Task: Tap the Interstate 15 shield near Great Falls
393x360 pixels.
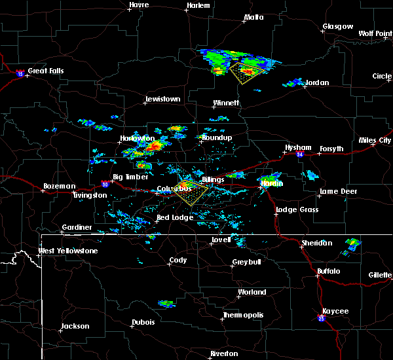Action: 20,74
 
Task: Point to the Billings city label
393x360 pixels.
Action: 212,179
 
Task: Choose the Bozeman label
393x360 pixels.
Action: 59,186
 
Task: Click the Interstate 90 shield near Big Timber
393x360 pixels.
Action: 104,186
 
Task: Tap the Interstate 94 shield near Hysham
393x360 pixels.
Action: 299,155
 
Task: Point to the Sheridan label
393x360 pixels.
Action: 316,243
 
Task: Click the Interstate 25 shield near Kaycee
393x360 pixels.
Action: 322,318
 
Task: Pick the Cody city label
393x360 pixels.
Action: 178,260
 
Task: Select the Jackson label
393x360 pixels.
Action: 74,326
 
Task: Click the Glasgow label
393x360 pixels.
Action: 337,27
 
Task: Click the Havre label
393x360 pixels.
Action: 139,5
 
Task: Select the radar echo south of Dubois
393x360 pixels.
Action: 166,304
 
